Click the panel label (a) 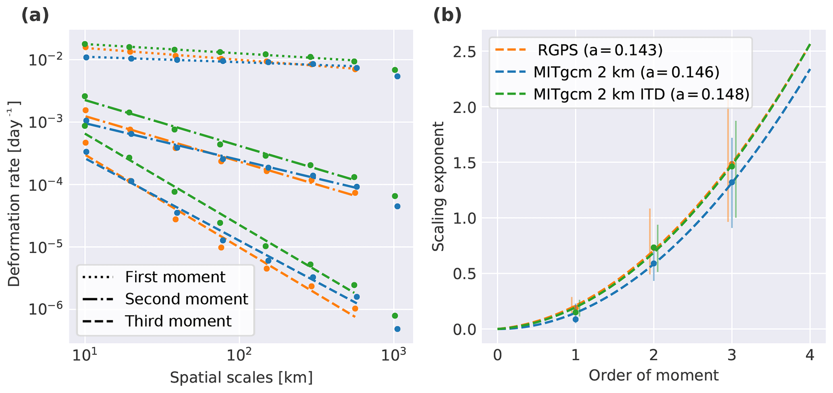click(x=35, y=15)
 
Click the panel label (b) click(x=447, y=15)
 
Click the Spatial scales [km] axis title click(x=241, y=378)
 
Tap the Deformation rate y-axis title click(x=14, y=193)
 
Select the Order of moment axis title click(x=654, y=375)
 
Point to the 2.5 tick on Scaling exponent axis click(x=464, y=52)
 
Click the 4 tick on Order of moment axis click(x=810, y=355)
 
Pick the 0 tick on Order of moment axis click(x=498, y=355)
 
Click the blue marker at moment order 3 click(x=732, y=182)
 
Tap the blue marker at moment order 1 click(x=575, y=319)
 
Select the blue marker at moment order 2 click(x=654, y=263)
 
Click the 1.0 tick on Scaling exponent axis click(x=464, y=218)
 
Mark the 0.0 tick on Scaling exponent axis click(x=464, y=329)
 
